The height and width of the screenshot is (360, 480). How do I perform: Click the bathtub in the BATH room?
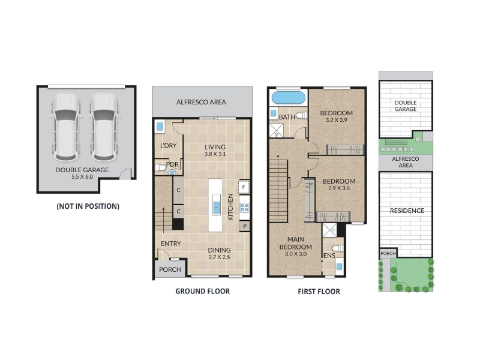point(288,98)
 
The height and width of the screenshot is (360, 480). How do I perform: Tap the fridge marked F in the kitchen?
point(244,187)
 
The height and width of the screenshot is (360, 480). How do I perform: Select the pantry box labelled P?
point(245,226)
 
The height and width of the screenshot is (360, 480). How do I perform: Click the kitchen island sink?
point(217,208)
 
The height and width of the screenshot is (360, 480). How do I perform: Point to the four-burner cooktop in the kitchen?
point(244,208)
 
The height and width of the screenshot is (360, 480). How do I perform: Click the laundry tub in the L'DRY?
point(160,126)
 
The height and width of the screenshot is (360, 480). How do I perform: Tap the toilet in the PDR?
point(160,167)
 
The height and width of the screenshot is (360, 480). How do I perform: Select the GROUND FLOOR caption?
point(202,291)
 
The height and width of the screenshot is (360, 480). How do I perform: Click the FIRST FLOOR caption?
point(319,292)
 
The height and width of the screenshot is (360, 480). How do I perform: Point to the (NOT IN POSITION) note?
point(88,206)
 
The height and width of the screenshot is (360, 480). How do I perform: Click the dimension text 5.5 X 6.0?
point(82,176)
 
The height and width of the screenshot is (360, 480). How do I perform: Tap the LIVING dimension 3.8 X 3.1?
point(215,154)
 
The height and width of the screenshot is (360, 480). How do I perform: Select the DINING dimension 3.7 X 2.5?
point(219,257)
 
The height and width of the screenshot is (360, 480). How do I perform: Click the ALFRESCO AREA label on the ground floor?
point(201,102)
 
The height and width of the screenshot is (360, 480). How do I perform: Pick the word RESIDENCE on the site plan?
point(407,211)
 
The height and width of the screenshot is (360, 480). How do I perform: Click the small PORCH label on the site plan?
point(388,253)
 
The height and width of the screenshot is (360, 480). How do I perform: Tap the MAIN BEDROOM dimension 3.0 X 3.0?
point(296,254)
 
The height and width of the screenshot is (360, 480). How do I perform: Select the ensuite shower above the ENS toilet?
point(329,230)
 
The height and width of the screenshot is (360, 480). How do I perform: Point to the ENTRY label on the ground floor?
point(171,244)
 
